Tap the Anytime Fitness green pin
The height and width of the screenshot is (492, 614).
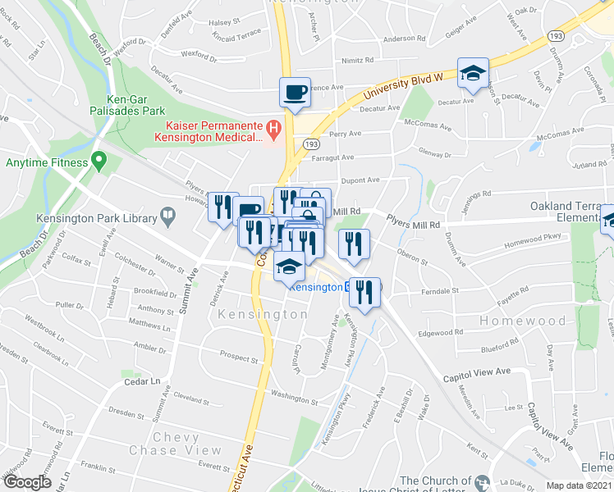[99, 162]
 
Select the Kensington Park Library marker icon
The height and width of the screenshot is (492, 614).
[168, 217]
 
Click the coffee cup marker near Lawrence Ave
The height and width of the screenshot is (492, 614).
[294, 93]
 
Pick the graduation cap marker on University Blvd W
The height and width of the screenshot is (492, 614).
[474, 74]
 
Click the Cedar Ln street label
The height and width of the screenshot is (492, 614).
[141, 381]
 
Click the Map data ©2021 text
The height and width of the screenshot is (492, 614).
[580, 485]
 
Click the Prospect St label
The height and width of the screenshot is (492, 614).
[239, 358]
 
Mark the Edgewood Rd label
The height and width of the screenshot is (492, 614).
[441, 333]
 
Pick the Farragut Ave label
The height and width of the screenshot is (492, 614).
[334, 157]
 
